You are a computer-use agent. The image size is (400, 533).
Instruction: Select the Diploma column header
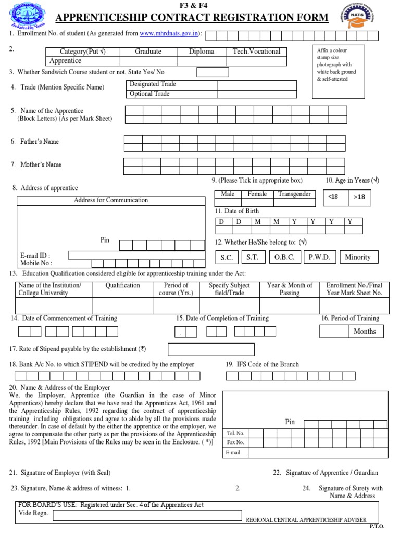[x=202, y=52]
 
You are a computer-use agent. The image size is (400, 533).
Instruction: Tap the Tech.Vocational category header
[x=256, y=52]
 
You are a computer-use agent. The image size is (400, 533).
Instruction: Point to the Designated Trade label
[x=153, y=84]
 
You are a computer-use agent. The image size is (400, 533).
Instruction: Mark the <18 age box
[x=333, y=197]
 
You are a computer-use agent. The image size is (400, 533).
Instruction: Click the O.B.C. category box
[x=284, y=257]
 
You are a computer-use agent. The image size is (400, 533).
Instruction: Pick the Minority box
[x=358, y=257]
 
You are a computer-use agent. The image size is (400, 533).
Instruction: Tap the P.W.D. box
[x=319, y=257]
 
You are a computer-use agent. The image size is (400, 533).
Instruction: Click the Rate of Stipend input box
[x=211, y=349]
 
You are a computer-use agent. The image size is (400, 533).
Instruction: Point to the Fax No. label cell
[x=235, y=442]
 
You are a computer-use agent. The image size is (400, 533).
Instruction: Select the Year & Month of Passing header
[x=290, y=289]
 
